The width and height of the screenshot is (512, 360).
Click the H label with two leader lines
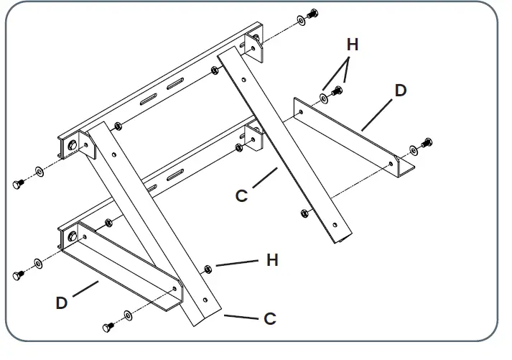352,45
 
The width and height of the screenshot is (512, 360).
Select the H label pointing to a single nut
272,260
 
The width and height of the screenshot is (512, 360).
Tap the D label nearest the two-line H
400,91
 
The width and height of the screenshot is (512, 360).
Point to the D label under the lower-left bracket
62,303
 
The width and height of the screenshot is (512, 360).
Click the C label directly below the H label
270,318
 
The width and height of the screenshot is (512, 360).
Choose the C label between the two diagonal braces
242,195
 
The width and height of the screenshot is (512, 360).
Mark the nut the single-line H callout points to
208,269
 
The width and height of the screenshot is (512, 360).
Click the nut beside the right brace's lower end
303,213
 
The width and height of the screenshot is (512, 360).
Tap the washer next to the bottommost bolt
128,315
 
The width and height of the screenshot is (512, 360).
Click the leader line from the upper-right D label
376,114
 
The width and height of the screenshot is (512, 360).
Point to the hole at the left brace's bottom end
205,300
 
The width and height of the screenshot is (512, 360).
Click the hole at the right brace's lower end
334,222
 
